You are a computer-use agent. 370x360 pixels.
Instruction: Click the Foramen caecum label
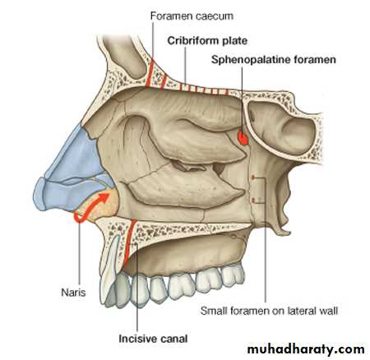click(x=192, y=16)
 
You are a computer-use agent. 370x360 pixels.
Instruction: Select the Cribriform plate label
click(x=207, y=41)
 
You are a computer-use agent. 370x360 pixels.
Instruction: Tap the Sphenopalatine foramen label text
click(x=274, y=60)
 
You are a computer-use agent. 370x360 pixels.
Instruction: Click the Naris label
click(x=73, y=293)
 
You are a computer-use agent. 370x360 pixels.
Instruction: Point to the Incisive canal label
click(x=153, y=339)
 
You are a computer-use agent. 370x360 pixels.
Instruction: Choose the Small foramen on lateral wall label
click(x=269, y=311)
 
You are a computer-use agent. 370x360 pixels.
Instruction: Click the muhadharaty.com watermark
click(x=306, y=349)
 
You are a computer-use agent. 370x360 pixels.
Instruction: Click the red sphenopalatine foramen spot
click(x=243, y=138)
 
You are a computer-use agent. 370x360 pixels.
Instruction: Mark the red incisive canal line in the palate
click(x=129, y=241)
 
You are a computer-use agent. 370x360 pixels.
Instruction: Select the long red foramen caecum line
click(x=150, y=73)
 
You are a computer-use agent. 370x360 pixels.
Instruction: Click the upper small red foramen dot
click(x=253, y=178)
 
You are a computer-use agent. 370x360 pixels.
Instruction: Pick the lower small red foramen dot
click(x=253, y=201)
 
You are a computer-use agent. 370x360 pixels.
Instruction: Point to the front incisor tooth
click(x=109, y=271)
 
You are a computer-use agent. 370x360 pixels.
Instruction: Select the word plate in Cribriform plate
click(x=235, y=41)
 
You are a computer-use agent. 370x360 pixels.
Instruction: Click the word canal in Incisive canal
click(x=174, y=339)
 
